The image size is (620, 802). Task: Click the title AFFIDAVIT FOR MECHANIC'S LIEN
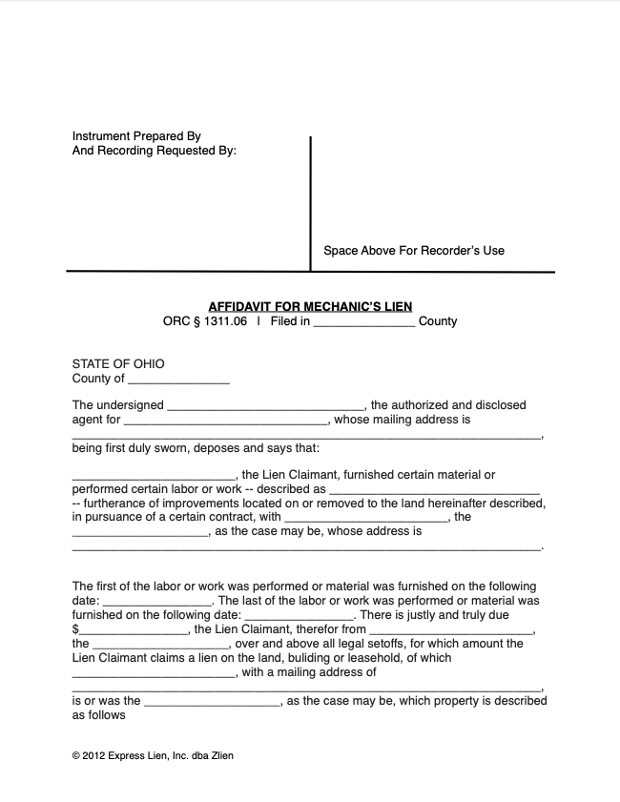coord(310,307)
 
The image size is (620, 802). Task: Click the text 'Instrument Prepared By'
coord(136,136)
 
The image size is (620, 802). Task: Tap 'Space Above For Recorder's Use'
coord(413,251)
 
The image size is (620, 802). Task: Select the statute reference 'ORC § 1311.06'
coord(205,321)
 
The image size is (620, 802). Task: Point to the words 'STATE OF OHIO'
coord(118,364)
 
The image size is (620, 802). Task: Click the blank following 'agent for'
coord(226,422)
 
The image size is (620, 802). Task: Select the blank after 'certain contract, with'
coord(367,519)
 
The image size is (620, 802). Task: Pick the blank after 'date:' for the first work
coord(156,603)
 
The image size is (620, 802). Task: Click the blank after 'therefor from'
coord(452,631)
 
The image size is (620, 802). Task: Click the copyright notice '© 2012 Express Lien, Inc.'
coord(153,756)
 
